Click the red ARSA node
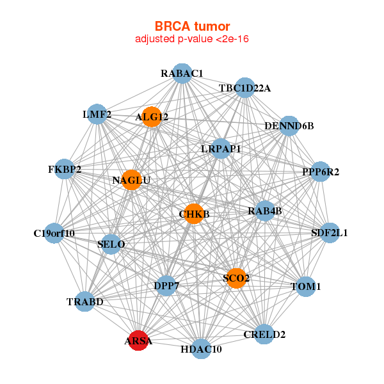pos(138,340)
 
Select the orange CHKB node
pos(193,213)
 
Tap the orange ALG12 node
pos(152,116)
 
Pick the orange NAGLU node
pos(131,180)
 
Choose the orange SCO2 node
pos(236,278)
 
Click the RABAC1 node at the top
pos(182,74)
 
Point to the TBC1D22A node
pos(244,88)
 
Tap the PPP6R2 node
pos(320,172)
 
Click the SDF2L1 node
pos(329,232)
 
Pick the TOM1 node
pos(305,286)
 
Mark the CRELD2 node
pos(264,333)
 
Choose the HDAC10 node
pos(201,348)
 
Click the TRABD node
pos(85,301)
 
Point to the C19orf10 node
pos(54,233)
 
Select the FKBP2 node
pos(65,170)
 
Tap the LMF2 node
pos(97,115)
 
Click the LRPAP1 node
pos(221,148)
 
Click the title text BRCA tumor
pos(192,26)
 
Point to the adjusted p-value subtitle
pos(192,39)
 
